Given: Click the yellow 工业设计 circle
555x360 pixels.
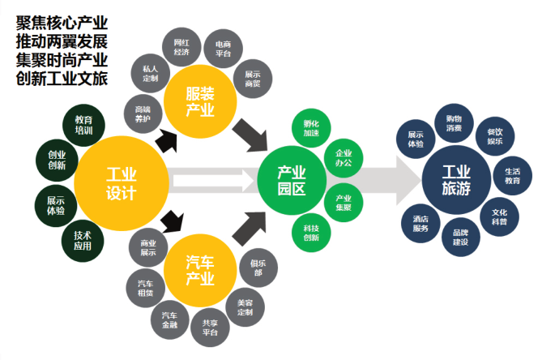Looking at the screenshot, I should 121,182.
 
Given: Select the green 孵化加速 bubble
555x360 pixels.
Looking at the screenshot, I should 311,127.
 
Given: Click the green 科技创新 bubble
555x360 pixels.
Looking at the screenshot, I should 311,233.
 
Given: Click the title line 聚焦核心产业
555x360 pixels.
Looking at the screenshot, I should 61,22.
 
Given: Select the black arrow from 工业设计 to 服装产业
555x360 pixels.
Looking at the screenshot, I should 166,141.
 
